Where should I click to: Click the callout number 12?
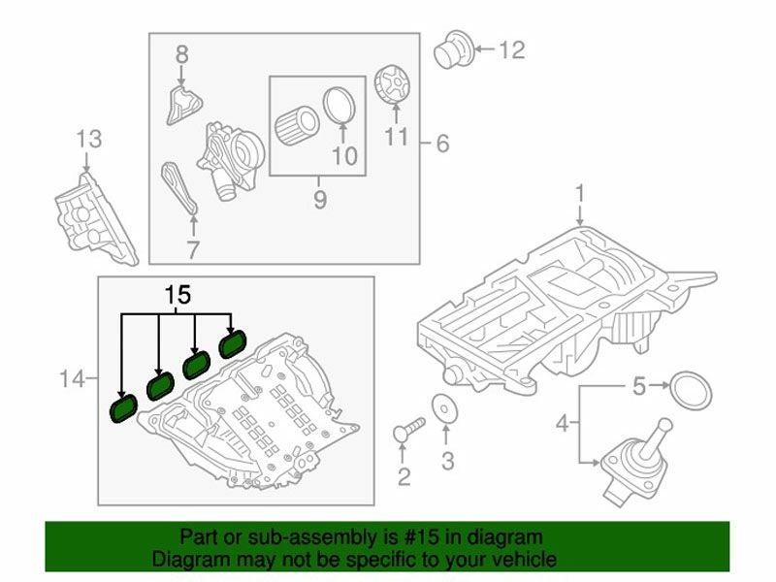pyautogui.click(x=511, y=48)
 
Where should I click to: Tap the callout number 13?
pyautogui.click(x=88, y=139)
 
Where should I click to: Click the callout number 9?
pyautogui.click(x=319, y=201)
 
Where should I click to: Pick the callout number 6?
pyautogui.click(x=442, y=145)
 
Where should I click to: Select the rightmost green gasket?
pyautogui.click(x=235, y=342)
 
